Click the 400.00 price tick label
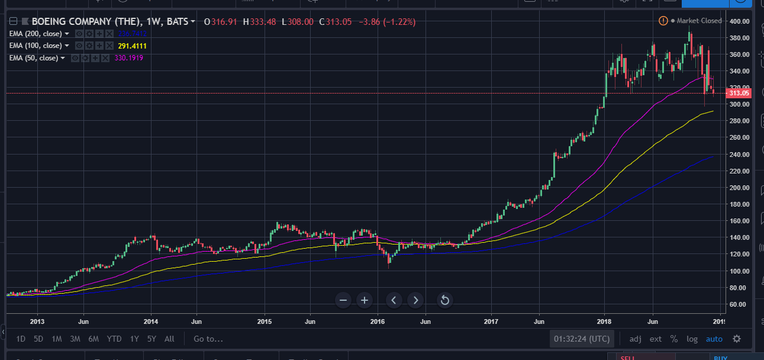(740, 21)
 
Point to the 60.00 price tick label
(740, 304)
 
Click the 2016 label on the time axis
(378, 322)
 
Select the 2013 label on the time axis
(37, 322)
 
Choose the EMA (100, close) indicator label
(35, 46)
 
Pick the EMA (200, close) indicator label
(35, 34)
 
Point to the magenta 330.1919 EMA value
(128, 58)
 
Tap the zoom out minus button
(343, 300)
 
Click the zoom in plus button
(365, 300)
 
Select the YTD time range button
(114, 339)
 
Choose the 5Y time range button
(152, 339)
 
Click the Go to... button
(208, 339)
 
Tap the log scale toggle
(692, 339)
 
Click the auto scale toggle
(714, 339)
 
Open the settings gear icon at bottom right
(737, 339)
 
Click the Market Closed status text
(699, 21)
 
